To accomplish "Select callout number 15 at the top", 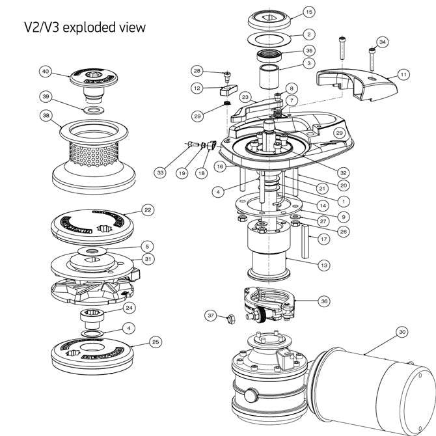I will tap(309, 12).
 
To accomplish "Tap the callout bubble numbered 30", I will tap(402, 332).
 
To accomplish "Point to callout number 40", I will tap(46, 70).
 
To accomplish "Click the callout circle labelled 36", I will tap(324, 301).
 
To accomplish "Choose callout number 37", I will tap(210, 315).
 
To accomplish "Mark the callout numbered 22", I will tap(148, 210).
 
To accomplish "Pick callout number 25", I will tap(155, 340).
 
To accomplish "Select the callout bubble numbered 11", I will tap(403, 75).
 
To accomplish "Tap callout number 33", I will tap(160, 173).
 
